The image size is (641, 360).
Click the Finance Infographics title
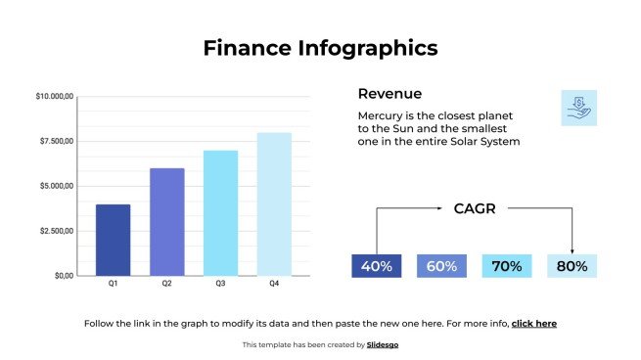[320, 48]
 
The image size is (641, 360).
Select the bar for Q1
[114, 240]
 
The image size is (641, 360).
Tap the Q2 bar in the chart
[167, 222]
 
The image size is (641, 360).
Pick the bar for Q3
[221, 213]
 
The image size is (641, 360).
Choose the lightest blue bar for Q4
[274, 203]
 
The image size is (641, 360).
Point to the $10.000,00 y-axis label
[55, 97]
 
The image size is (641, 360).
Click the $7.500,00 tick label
[55, 142]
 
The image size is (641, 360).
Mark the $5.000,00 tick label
[55, 186]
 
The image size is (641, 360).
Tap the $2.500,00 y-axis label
[55, 231]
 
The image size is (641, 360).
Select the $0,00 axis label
[64, 276]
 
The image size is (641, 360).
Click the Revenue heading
[389, 94]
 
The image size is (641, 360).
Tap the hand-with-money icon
[578, 108]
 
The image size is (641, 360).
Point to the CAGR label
[475, 208]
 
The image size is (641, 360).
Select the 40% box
[376, 266]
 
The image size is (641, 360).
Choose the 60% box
[441, 266]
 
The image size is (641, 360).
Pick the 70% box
[506, 266]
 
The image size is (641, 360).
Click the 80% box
[572, 266]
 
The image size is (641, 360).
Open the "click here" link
[533, 323]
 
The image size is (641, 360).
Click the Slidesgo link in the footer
[383, 344]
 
